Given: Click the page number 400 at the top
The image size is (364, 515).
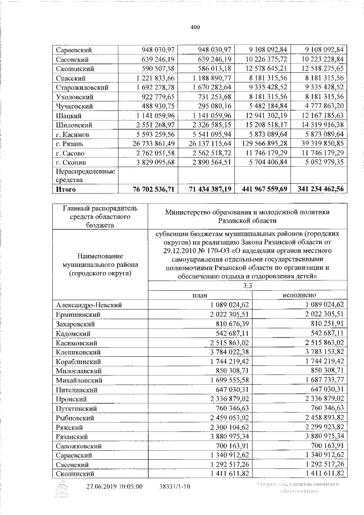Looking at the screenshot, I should pyautogui.click(x=195, y=27).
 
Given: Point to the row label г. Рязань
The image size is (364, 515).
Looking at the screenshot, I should pyautogui.click(x=71, y=142).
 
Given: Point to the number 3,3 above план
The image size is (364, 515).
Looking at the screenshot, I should pyautogui.click(x=247, y=286).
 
